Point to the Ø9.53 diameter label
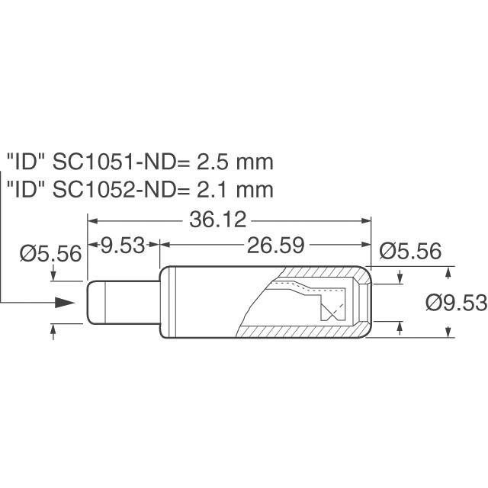coord(456,303)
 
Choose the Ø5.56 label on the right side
coord(409,251)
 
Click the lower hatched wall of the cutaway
coord(305,332)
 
